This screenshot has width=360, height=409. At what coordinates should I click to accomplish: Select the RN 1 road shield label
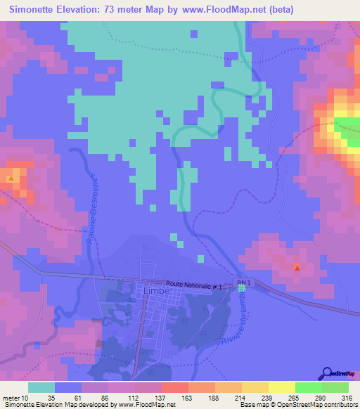click(x=243, y=283)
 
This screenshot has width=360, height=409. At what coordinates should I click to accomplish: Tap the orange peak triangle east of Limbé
click(x=296, y=267)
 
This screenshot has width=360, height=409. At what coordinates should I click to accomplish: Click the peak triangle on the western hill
click(x=11, y=178)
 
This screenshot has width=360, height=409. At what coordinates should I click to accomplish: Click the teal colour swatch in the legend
click(x=41, y=387)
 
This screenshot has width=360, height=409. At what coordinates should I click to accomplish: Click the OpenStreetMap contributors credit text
click(x=316, y=405)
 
